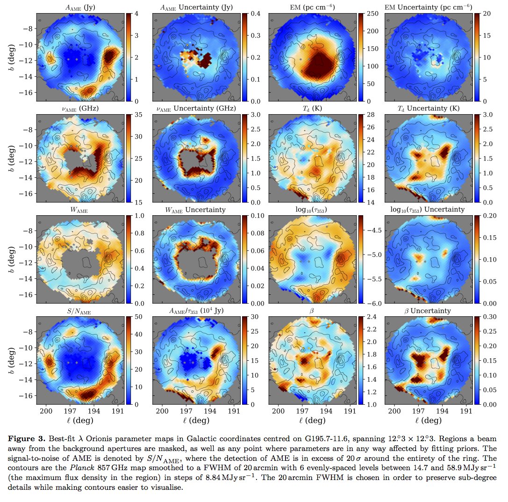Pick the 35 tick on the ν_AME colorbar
click(x=137, y=115)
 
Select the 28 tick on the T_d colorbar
click(x=370, y=115)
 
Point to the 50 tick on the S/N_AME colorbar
click(x=137, y=317)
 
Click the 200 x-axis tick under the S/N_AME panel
click(x=46, y=411)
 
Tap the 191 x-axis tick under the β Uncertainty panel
click(x=466, y=411)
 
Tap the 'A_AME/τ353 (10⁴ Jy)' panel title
click(x=196, y=311)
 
